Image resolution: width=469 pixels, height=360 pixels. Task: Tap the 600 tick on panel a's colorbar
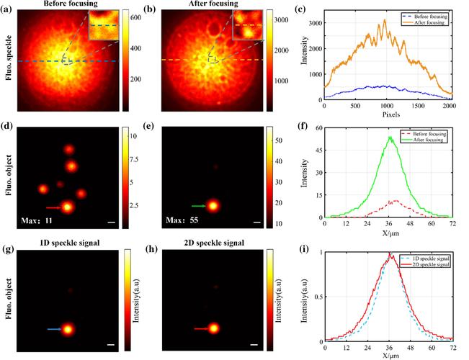click(x=136, y=15)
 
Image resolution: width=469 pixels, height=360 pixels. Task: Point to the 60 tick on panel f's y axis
click(x=318, y=128)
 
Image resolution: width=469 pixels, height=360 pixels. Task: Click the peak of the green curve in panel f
click(x=390, y=136)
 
